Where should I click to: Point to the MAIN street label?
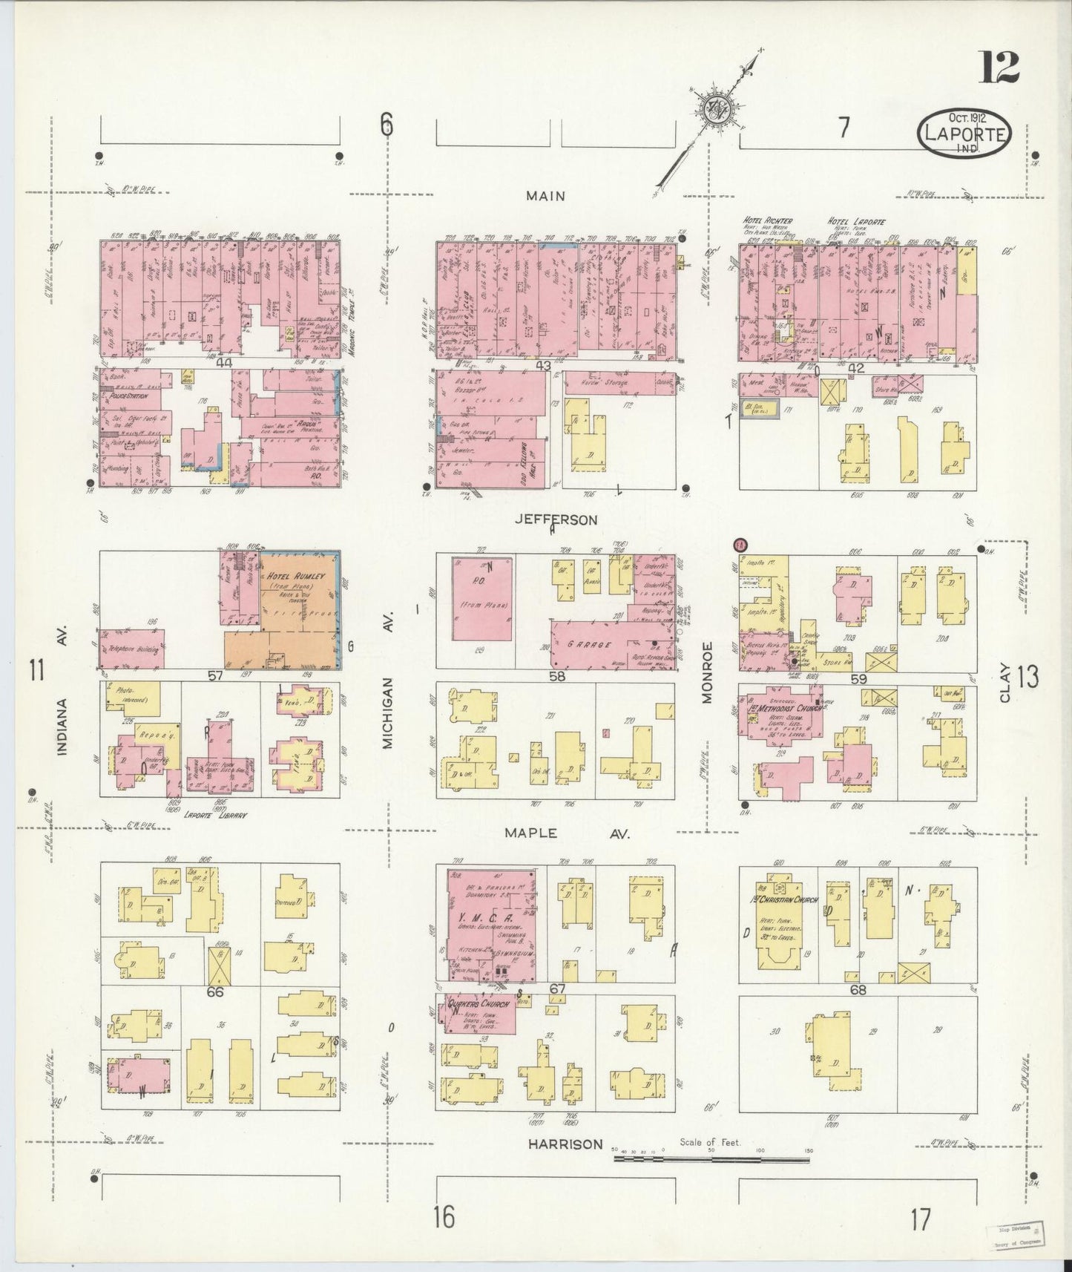545,196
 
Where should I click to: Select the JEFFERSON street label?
556,520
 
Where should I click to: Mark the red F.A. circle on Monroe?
739,545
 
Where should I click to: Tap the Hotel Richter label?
769,220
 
